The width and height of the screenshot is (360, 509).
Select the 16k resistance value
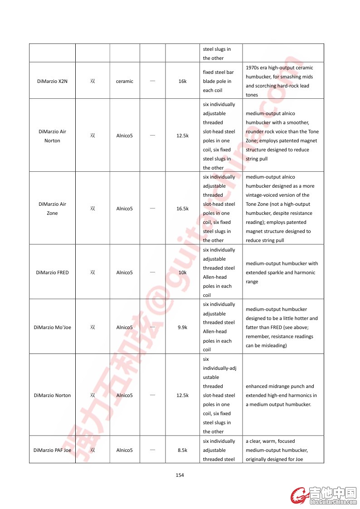(x=182, y=81)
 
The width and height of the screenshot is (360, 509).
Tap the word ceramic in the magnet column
(x=124, y=81)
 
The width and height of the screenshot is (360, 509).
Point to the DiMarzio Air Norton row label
(x=52, y=136)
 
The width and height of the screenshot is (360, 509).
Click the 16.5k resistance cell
(x=182, y=208)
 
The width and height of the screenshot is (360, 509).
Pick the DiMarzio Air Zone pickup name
(x=52, y=208)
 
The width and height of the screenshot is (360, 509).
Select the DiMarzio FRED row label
(x=52, y=272)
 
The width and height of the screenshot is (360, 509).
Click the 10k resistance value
(x=182, y=272)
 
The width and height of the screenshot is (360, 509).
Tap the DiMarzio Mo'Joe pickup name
(x=52, y=327)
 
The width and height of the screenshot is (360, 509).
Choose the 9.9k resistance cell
(x=182, y=327)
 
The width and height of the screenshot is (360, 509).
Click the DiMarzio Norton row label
(x=52, y=395)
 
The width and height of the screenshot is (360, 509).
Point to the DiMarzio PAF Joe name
(x=52, y=450)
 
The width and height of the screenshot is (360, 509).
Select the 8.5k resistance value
(x=182, y=450)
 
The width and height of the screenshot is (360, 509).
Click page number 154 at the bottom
(x=180, y=475)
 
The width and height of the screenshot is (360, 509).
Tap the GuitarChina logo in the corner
(x=324, y=495)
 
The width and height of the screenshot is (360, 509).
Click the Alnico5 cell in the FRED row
(x=124, y=272)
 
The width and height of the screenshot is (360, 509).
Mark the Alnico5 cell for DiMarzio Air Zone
(x=124, y=208)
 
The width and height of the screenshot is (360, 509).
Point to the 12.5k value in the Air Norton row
(x=182, y=136)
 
